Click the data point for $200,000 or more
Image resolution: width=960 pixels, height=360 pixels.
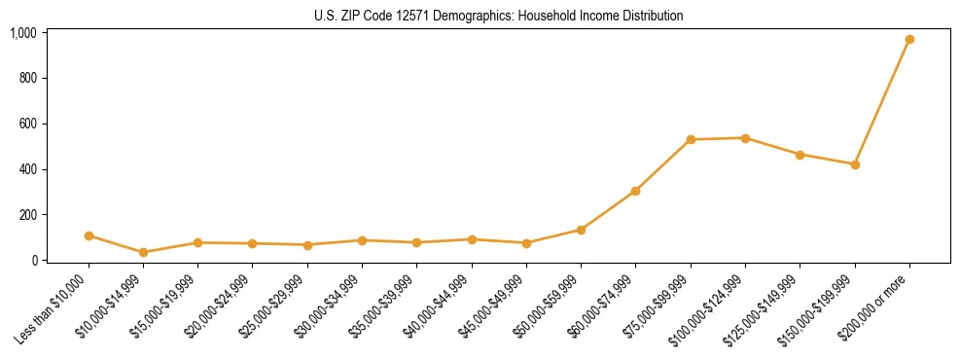point(909,40)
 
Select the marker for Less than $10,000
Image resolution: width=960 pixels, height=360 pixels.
point(89,235)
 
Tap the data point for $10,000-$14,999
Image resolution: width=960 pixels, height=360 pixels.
point(143,252)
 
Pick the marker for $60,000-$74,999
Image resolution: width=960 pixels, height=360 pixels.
point(635,191)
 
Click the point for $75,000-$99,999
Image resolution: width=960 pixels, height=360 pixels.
point(691,139)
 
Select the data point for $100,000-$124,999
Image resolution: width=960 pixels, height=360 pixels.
point(745,138)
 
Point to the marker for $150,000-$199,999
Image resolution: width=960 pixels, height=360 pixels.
point(855,164)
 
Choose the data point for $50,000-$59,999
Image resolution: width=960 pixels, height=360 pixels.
point(581,230)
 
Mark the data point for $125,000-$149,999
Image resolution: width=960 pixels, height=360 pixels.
point(800,155)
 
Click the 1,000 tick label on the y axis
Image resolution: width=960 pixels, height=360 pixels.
point(23,33)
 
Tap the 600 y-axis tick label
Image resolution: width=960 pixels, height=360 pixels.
point(27,124)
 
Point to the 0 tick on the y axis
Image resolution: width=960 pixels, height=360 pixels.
point(33,261)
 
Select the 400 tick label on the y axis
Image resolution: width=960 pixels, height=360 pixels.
point(27,169)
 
